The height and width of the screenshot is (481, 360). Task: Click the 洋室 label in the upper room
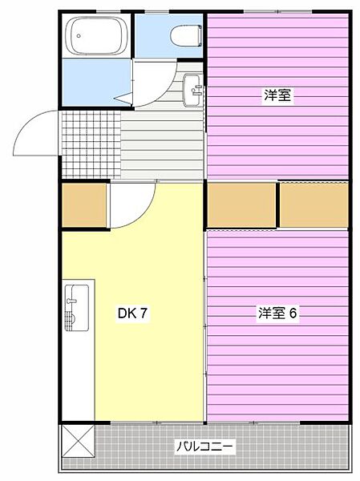(x=277, y=95)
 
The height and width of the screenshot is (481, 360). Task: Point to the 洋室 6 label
(x=277, y=313)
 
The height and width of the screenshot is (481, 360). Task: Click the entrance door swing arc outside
(x=36, y=132)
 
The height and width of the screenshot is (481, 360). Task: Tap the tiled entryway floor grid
(x=90, y=144)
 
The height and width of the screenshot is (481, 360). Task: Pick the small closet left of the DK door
(x=84, y=205)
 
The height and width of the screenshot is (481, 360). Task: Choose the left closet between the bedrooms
(x=241, y=205)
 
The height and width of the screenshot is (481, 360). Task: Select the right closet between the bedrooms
(x=313, y=205)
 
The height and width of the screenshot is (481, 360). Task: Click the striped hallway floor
(x=160, y=144)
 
